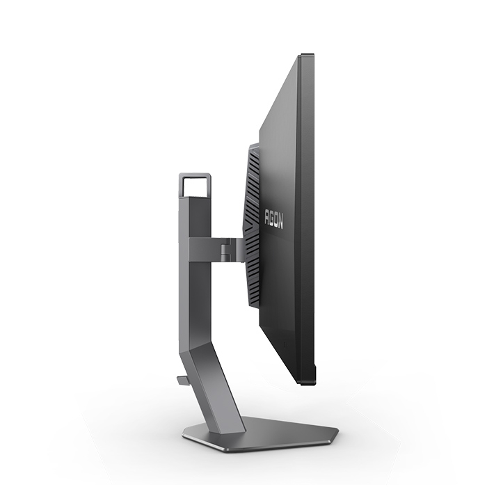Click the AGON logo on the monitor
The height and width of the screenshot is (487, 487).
tap(273, 218)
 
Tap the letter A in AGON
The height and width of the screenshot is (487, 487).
tap(266, 216)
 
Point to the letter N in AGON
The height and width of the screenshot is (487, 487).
tap(281, 221)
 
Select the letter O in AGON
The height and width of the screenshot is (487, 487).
tap(276, 220)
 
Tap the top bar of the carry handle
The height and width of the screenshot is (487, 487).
tap(195, 175)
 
